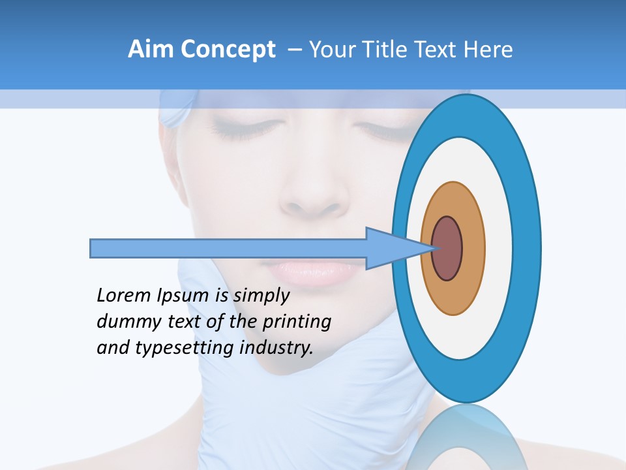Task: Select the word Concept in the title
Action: coord(229,50)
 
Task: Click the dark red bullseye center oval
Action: coord(447,248)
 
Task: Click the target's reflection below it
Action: coord(466,437)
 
